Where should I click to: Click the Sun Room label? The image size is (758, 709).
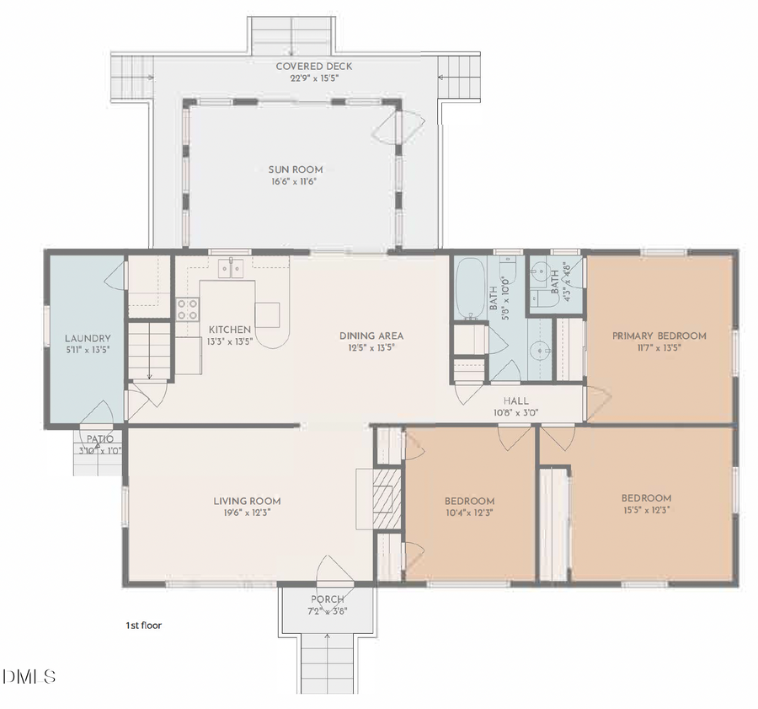click(290, 169)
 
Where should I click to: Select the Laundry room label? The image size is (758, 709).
click(88, 338)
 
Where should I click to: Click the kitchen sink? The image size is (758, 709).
click(230, 269)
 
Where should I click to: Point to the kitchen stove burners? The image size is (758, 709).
click(187, 309)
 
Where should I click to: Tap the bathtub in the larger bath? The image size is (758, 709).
click(469, 288)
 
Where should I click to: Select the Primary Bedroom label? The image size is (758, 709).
click(659, 336)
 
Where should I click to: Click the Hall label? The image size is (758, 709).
click(515, 401)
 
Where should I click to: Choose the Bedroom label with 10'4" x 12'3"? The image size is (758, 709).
click(469, 501)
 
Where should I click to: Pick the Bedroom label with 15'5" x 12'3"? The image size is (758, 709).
click(646, 497)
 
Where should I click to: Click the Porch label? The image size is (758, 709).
click(327, 599)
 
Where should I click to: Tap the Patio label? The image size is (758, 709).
click(98, 439)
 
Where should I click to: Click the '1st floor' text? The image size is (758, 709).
click(143, 626)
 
